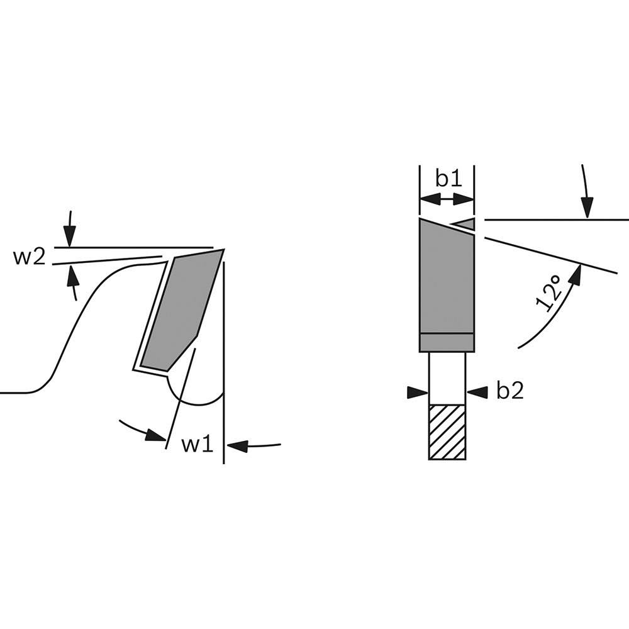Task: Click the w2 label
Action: click(x=30, y=257)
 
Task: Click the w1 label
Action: click(x=198, y=444)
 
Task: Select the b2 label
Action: click(x=510, y=391)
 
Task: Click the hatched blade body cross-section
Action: click(x=447, y=432)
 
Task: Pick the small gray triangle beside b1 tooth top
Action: click(x=464, y=224)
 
